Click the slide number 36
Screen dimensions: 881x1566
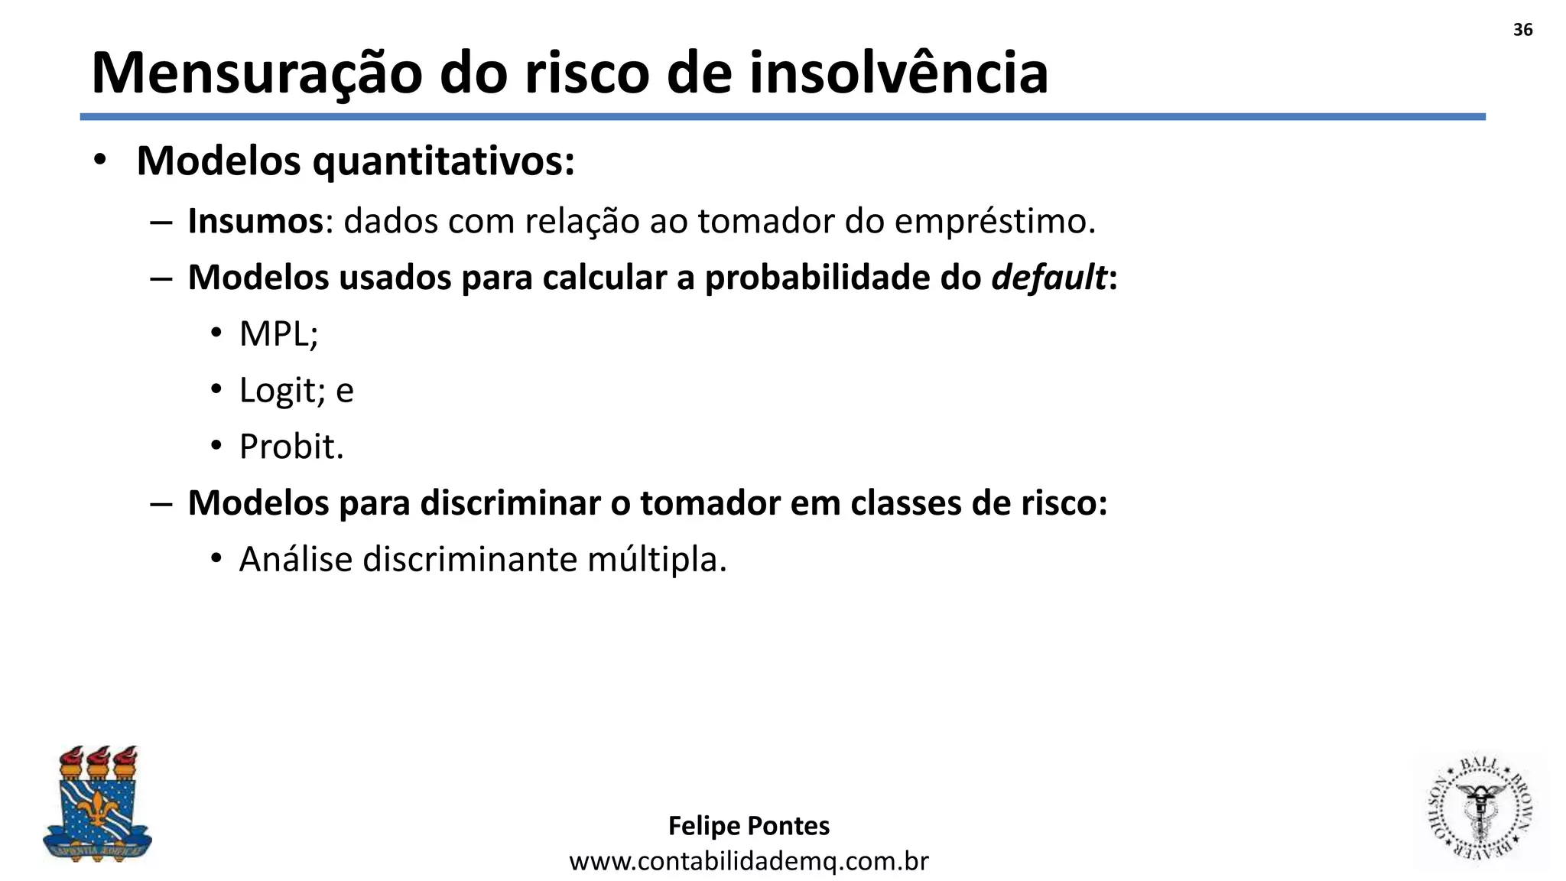pos(1522,30)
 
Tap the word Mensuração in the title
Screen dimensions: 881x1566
pos(256,73)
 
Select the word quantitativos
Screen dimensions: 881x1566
pos(443,162)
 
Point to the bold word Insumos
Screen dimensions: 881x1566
pos(256,222)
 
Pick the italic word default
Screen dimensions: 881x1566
pos(1048,278)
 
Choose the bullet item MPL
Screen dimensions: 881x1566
pos(278,334)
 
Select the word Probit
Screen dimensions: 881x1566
pos(291,447)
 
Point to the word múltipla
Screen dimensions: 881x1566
pos(656,560)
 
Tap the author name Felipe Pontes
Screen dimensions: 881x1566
pos(749,826)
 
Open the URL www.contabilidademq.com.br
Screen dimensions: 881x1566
pos(749,862)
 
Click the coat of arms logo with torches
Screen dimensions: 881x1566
pos(97,805)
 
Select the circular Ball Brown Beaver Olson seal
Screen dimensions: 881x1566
pos(1479,810)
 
